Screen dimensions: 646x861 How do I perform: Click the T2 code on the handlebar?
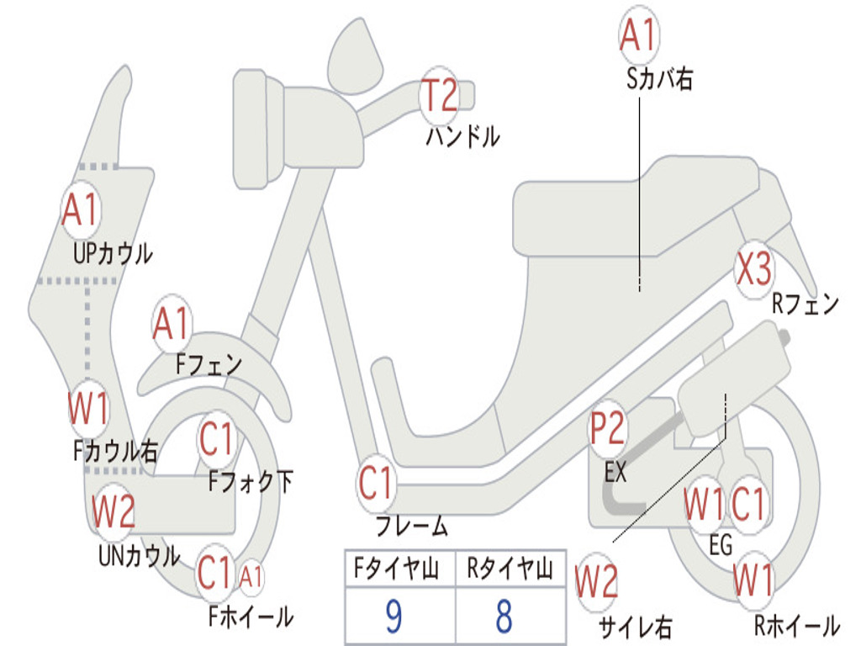(440, 94)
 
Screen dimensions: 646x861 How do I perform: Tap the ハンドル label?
(462, 135)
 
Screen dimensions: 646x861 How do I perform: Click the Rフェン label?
(806, 304)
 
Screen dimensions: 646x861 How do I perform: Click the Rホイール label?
(796, 626)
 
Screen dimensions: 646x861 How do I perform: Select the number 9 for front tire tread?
(393, 617)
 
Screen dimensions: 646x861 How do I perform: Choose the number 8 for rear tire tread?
(503, 617)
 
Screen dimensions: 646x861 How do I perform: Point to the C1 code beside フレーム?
(376, 484)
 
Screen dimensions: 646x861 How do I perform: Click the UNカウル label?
(139, 556)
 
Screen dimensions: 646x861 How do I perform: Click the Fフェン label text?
(209, 365)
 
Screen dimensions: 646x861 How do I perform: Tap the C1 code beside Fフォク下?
(218, 438)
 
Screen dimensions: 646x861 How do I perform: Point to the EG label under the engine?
(721, 545)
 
